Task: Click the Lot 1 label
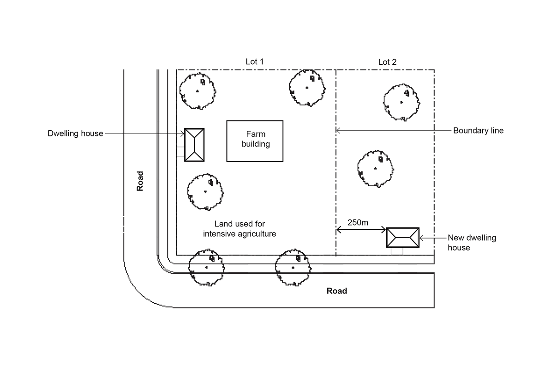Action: pyautogui.click(x=255, y=61)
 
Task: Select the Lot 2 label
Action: pyautogui.click(x=387, y=62)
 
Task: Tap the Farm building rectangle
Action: pyautogui.click(x=255, y=141)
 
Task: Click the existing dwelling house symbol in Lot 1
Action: pyautogui.click(x=194, y=145)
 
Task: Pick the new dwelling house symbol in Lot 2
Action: pyautogui.click(x=402, y=238)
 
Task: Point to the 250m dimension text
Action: pyautogui.click(x=358, y=222)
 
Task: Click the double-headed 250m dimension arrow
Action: pyautogui.click(x=361, y=230)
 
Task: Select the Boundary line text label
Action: pyautogui.click(x=478, y=131)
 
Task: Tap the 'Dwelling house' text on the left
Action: pyautogui.click(x=75, y=134)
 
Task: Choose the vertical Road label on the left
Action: pyautogui.click(x=140, y=181)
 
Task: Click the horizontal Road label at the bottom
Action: pyautogui.click(x=336, y=291)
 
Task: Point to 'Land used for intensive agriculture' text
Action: pyautogui.click(x=240, y=229)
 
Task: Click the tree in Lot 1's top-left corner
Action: pyautogui.click(x=197, y=91)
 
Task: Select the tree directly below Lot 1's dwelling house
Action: pyautogui.click(x=205, y=191)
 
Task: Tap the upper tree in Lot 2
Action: pyautogui.click(x=402, y=102)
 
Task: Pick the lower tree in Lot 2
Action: pyautogui.click(x=376, y=169)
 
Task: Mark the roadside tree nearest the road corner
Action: pyautogui.click(x=207, y=267)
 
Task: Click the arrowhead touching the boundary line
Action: pyautogui.click(x=338, y=131)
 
